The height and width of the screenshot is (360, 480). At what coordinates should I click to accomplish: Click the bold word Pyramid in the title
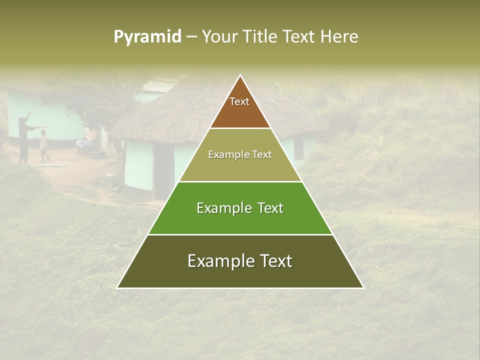(147, 37)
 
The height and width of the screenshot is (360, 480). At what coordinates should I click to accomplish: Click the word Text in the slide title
(300, 37)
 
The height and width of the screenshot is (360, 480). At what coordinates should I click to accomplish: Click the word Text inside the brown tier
(239, 101)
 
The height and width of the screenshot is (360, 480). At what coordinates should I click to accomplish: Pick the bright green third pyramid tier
(240, 220)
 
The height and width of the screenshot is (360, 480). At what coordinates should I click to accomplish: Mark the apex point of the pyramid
(240, 76)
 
